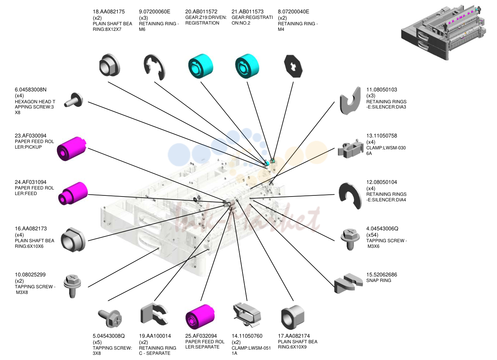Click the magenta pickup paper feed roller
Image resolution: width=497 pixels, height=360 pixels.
(71, 149)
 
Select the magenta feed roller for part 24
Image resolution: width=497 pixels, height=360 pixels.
(73, 193)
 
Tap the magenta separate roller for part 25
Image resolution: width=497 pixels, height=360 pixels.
(200, 317)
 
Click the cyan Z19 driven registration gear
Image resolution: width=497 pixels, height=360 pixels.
(201, 66)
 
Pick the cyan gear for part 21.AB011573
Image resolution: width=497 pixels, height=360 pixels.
(247, 66)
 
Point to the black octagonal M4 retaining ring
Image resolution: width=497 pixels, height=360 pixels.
(293, 66)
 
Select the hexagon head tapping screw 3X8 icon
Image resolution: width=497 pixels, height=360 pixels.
(74, 100)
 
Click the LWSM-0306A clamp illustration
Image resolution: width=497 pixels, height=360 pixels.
(348, 149)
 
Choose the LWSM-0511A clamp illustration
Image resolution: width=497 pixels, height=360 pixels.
(247, 315)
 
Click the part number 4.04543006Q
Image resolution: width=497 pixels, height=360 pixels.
(382, 228)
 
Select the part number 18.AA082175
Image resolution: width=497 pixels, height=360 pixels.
(109, 12)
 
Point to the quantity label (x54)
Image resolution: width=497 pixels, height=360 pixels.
(372, 235)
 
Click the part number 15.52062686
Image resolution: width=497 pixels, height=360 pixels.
(381, 275)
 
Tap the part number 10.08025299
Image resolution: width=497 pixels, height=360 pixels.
(30, 275)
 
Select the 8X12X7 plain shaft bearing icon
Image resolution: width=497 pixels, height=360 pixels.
(109, 65)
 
